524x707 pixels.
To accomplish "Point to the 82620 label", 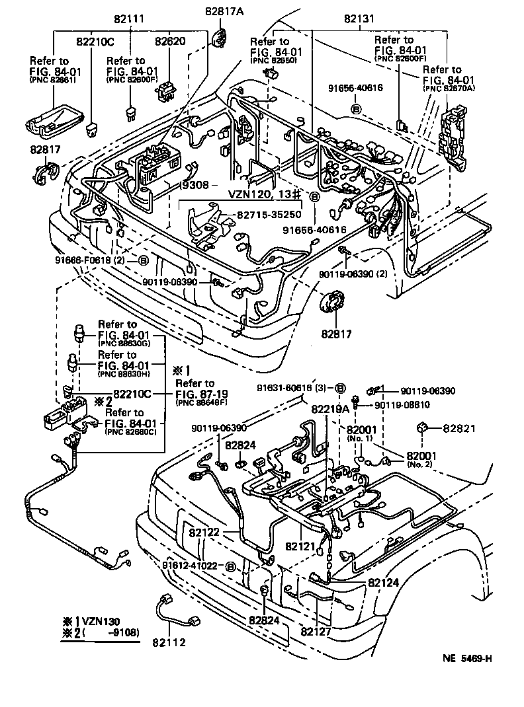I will click(x=171, y=42).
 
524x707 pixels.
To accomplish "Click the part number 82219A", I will click(x=329, y=408).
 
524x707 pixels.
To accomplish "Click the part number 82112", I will click(x=169, y=642).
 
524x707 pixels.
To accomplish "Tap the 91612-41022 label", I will click(x=191, y=566).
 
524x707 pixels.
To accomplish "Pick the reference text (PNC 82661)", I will click(x=52, y=80).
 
